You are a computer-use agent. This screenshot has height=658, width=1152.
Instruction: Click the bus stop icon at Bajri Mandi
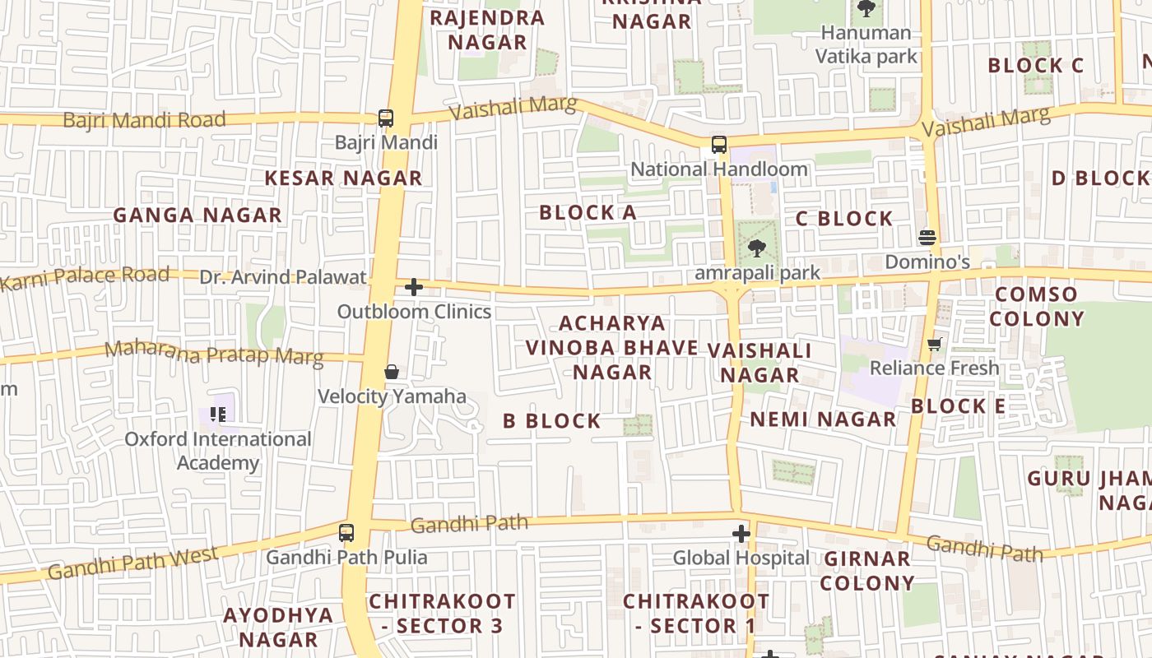[386, 118]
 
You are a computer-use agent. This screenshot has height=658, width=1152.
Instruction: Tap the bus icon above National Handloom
[719, 145]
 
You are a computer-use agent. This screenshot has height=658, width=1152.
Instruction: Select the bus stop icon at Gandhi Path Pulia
[346, 532]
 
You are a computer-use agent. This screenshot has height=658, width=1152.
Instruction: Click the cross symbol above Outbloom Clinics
[414, 287]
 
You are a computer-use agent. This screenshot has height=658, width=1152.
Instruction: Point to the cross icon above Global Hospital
[741, 534]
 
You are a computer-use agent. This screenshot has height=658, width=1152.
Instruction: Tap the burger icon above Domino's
[927, 238]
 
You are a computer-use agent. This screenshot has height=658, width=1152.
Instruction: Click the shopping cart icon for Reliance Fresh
[934, 344]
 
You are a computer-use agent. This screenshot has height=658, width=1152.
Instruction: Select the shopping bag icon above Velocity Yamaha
[392, 373]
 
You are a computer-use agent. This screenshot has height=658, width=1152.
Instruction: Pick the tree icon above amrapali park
[756, 247]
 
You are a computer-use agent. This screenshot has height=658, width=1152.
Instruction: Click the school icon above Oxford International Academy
[218, 414]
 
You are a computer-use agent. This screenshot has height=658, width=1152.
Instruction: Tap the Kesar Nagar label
[343, 178]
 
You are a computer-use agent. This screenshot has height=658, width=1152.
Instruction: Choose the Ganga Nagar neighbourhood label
[197, 215]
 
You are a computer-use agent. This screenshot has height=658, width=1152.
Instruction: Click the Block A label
[588, 212]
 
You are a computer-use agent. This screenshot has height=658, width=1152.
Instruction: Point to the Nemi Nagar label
[823, 419]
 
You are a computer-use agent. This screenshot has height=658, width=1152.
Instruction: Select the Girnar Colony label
[867, 571]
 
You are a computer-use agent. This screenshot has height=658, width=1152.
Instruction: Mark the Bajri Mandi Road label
[144, 120]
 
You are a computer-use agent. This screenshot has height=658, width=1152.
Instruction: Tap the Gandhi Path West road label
[132, 563]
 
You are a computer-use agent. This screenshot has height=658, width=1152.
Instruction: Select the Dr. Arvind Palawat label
[282, 277]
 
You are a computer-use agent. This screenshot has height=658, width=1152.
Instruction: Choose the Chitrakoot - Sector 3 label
[442, 614]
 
